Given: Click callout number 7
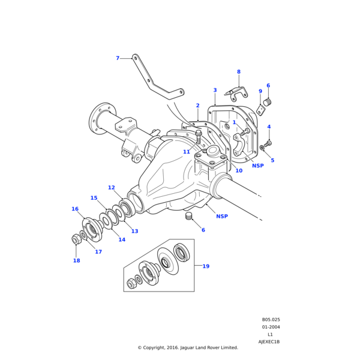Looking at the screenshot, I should point(118,58).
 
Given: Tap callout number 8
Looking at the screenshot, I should point(238,72).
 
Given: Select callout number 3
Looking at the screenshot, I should point(215,91).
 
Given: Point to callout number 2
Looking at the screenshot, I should point(197,106).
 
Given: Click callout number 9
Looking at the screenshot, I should point(260,92).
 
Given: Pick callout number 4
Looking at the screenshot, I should point(269,127).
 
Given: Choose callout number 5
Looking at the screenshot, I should point(272,160).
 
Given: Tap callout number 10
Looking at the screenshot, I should point(239,170).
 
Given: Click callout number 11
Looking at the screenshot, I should point(187,152).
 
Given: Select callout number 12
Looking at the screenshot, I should point(112,188).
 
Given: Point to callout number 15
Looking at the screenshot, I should point(94,198).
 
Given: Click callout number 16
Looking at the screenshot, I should point(75,209).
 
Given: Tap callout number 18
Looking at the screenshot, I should point(76,260).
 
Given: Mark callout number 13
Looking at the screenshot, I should point(134,231).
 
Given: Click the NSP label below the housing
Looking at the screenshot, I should point(222,216).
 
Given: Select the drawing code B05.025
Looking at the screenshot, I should point(271,320).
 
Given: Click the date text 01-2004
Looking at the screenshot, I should point(271,327).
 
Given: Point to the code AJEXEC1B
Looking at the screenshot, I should point(269,341).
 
